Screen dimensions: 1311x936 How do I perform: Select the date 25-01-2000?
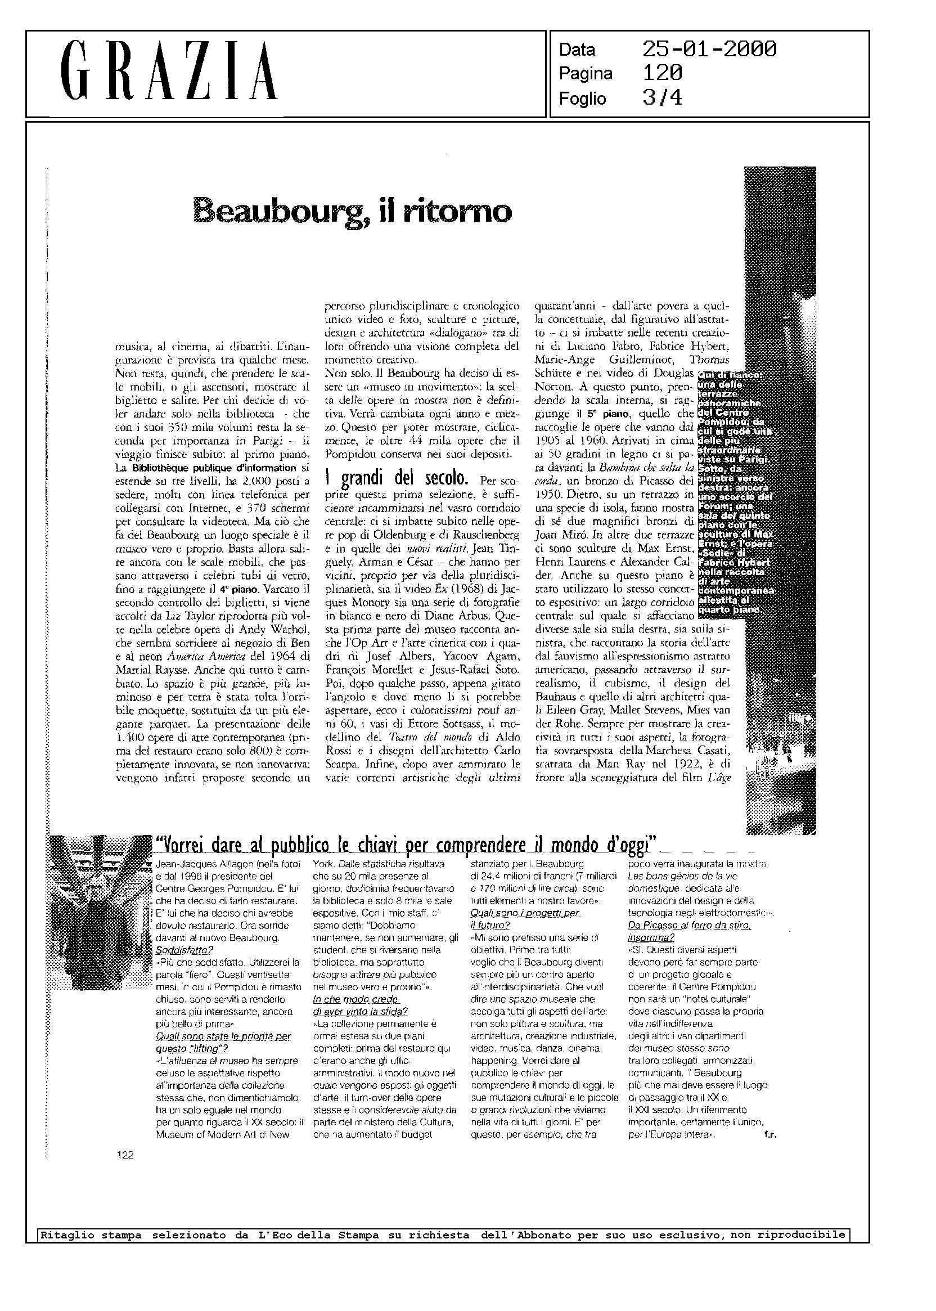[709, 49]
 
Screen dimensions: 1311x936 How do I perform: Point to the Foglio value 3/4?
[661, 98]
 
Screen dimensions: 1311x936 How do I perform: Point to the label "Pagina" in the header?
[585, 74]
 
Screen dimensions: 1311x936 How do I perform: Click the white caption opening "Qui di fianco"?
[729, 375]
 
